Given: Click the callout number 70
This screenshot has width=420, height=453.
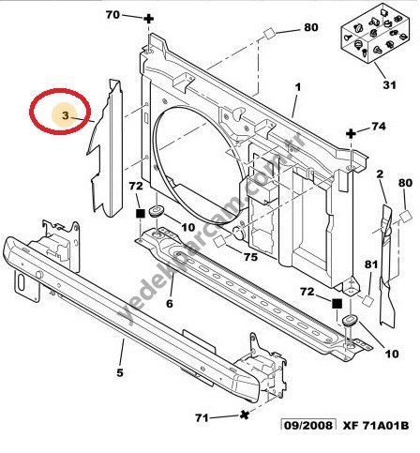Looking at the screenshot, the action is tap(112, 14).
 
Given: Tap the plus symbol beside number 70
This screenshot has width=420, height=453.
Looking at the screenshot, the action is tap(148, 19).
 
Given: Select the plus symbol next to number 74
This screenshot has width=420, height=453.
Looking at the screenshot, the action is tap(352, 134).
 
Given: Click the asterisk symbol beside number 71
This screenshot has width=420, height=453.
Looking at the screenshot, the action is tap(245, 415).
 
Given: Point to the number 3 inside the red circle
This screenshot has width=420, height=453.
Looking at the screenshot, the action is tap(65, 115).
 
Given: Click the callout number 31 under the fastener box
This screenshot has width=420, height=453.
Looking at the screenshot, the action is tap(389, 84).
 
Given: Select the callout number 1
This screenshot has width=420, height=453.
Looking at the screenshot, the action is tap(297, 87).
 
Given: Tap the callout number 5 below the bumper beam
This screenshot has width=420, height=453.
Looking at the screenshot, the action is tap(120, 372).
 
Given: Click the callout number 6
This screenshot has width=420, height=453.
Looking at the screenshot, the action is tap(170, 303).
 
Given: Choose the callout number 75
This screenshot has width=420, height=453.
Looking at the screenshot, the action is tap(250, 257).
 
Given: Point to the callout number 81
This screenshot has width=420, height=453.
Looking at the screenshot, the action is tap(371, 264).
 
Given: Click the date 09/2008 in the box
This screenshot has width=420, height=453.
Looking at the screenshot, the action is tap(307, 426).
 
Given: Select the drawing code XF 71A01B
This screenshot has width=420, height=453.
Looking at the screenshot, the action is tap(376, 426).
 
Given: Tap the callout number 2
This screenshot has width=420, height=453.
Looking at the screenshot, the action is tap(380, 174).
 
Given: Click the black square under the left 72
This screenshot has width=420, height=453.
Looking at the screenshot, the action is tap(140, 214).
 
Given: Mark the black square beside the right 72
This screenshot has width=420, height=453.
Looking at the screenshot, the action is tap(337, 303).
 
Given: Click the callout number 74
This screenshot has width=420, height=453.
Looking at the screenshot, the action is tap(379, 127).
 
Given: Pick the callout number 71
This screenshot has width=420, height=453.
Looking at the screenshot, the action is tap(202, 417).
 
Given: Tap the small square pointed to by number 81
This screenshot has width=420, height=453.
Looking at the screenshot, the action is tap(368, 300).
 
